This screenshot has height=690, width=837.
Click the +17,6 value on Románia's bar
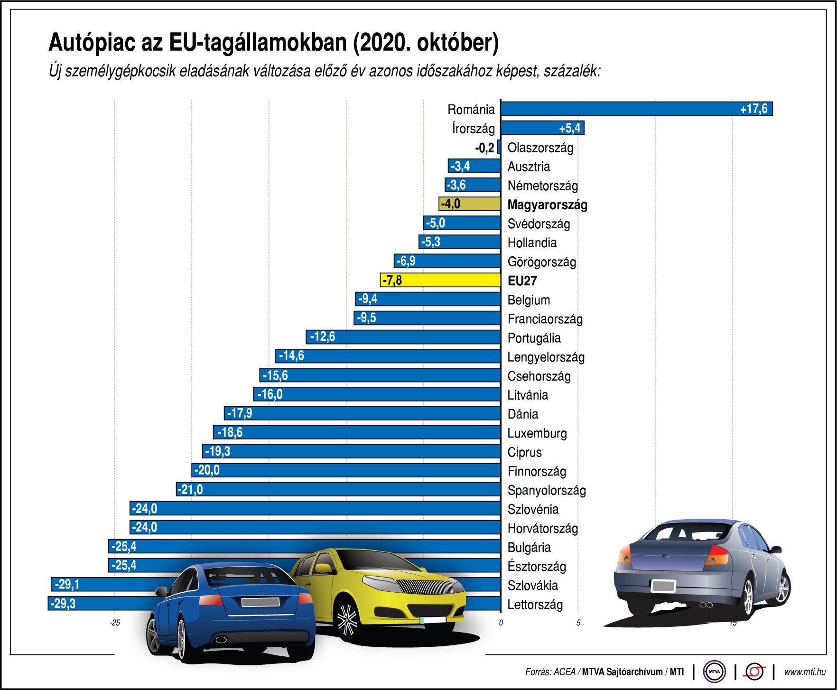(753, 109)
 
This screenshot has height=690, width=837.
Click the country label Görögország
(541, 262)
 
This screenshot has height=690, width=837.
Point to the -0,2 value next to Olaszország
(484, 148)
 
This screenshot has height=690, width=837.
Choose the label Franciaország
(545, 319)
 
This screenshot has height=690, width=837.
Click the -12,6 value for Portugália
(323, 337)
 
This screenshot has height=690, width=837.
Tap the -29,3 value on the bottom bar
(63, 604)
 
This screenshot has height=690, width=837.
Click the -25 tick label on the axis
(115, 623)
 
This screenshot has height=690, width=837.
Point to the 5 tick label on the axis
(578, 623)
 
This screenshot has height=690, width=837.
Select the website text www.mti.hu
(804, 672)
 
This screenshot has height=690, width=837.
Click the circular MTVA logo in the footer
(714, 671)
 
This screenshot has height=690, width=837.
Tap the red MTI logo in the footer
(754, 671)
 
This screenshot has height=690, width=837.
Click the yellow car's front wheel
(347, 619)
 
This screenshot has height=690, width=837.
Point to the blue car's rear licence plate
(260, 602)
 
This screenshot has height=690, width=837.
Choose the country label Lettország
(535, 605)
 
